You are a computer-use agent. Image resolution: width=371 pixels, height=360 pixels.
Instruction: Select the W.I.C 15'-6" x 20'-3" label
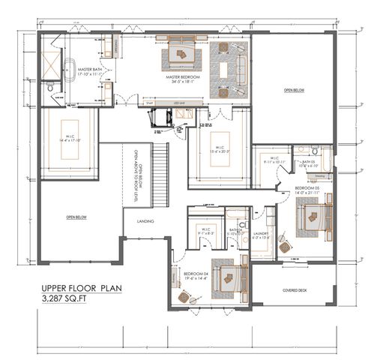217,149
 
